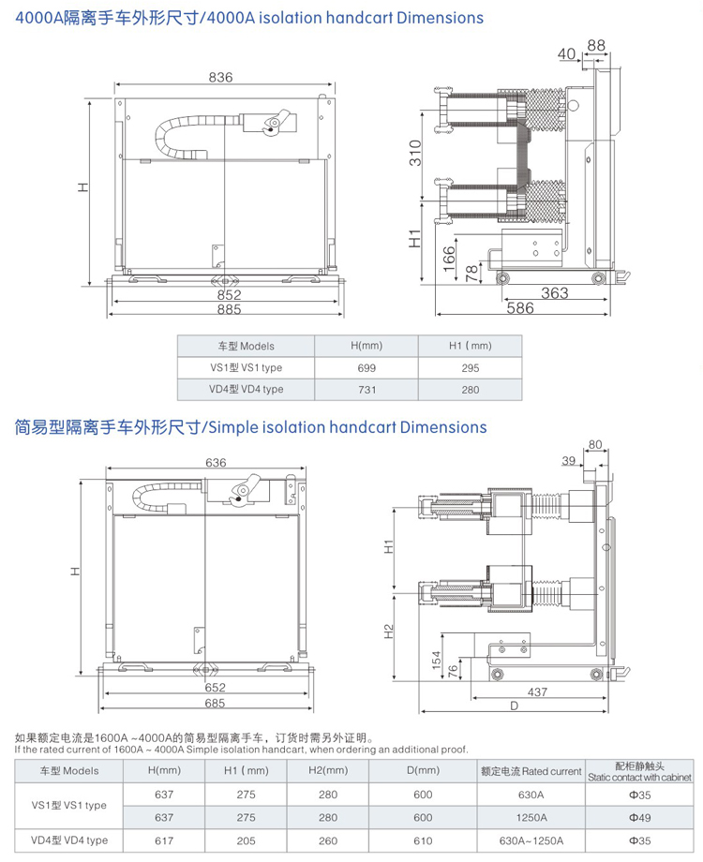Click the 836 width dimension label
[220, 78]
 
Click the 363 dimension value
[554, 293]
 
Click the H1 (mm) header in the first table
[471, 347]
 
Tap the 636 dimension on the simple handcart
[215, 462]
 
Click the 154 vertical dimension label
[436, 661]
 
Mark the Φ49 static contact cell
[639, 817]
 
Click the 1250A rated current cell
[531, 817]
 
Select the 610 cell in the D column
[424, 840]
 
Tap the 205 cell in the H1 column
[247, 840]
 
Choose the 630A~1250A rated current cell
[531, 840]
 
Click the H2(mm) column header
[328, 771]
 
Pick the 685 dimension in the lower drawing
[215, 704]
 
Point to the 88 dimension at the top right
[597, 45]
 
